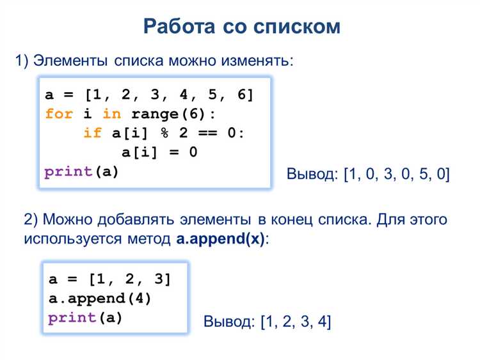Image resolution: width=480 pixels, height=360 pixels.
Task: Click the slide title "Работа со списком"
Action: [x=242, y=27]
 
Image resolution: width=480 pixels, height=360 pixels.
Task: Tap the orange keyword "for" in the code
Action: [x=59, y=114]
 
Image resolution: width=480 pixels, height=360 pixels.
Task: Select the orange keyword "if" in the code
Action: [x=92, y=134]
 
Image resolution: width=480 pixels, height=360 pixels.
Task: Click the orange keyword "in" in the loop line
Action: [x=111, y=114]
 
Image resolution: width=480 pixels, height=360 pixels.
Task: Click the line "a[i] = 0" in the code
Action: [x=159, y=153]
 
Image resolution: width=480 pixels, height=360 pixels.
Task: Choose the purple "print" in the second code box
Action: [x=72, y=318]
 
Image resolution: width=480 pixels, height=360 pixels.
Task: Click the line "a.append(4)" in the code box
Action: [x=100, y=299]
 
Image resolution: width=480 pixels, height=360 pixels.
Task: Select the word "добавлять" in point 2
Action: [x=137, y=220]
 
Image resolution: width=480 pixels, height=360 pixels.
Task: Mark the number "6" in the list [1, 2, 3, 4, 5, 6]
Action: [x=241, y=95]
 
